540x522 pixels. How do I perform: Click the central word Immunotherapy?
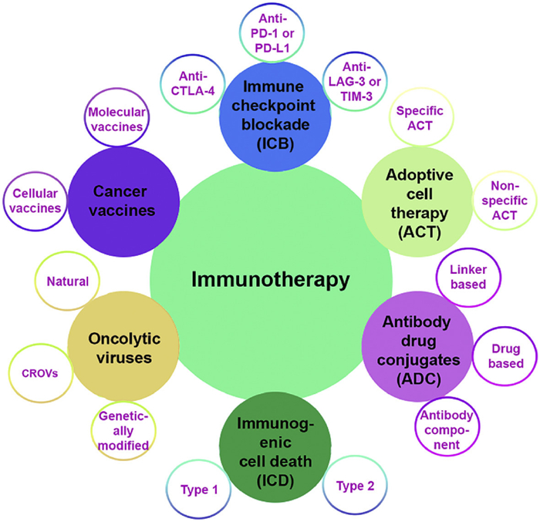(x=271, y=279)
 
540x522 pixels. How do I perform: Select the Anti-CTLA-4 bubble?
(x=192, y=85)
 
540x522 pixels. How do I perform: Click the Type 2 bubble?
(x=354, y=486)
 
